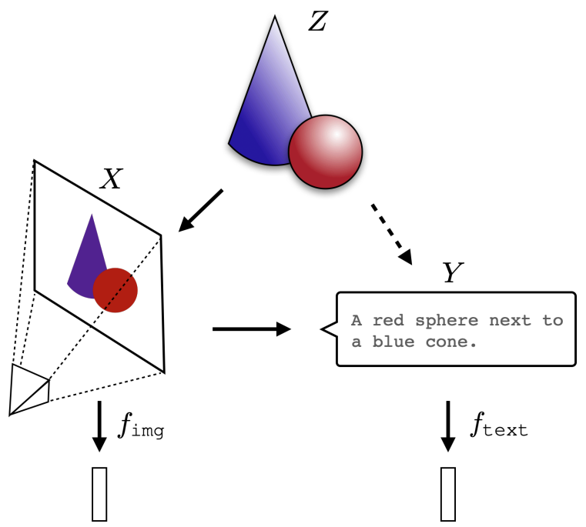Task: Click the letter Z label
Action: (x=318, y=22)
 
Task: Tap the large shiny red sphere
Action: (x=325, y=152)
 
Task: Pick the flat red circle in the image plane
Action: (x=116, y=290)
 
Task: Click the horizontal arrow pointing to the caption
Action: (x=251, y=329)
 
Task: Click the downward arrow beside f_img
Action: (x=99, y=425)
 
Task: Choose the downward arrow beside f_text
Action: (x=447, y=425)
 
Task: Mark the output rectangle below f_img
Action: (x=99, y=493)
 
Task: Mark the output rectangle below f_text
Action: (x=448, y=493)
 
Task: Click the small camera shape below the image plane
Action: (x=29, y=389)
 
